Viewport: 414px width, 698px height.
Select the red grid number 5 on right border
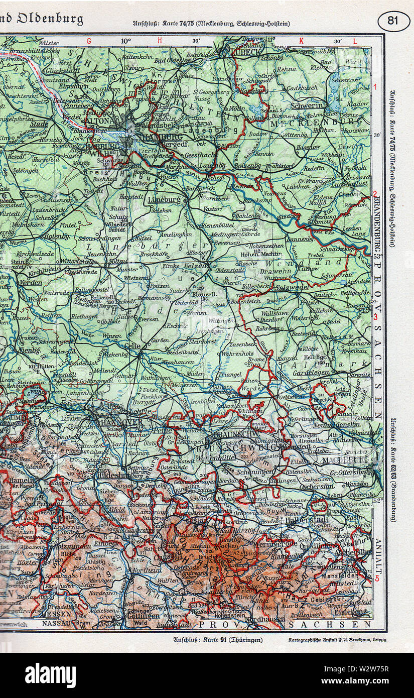point(377,577)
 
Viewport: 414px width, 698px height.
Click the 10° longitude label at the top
point(125,41)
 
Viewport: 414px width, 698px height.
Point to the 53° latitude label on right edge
point(377,256)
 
